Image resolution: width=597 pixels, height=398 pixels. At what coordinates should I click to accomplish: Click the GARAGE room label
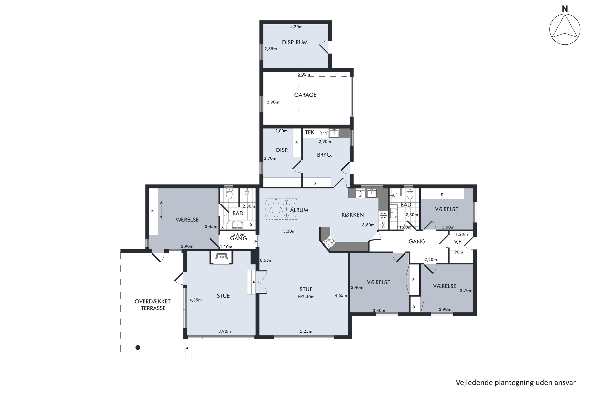[x=305, y=95]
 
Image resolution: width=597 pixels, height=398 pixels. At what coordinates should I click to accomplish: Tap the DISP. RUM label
[x=295, y=42]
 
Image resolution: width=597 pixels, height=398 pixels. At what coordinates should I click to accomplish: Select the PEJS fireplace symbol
[x=221, y=257]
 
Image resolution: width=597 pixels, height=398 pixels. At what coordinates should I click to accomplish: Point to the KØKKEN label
[x=353, y=215]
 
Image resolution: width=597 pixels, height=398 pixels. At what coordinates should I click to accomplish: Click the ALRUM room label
[x=299, y=210]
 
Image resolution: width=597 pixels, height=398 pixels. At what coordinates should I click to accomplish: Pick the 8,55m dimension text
[x=266, y=260]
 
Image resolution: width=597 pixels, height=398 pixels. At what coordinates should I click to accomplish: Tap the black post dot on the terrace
[x=138, y=347]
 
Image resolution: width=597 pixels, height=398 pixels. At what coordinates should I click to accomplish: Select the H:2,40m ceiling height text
[x=306, y=297]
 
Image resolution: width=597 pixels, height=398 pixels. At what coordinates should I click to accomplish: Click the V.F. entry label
[x=458, y=242]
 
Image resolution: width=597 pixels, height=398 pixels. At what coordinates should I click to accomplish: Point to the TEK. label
[x=310, y=133]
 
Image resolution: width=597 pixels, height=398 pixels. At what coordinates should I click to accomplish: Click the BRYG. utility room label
[x=325, y=155]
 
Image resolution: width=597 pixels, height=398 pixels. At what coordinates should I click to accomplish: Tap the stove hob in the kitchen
[x=329, y=242]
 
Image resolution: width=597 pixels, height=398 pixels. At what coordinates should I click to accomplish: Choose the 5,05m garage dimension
[x=304, y=74]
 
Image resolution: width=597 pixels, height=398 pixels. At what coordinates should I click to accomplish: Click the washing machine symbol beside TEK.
[x=324, y=133]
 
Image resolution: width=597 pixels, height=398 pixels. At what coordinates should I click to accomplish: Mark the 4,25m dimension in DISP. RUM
[x=296, y=27]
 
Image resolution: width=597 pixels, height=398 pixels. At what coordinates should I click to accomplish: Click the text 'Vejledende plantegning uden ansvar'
[x=516, y=382]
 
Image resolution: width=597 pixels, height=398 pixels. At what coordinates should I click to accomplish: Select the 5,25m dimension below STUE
[x=306, y=331]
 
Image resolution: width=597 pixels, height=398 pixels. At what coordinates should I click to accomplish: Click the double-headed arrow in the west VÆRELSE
[x=161, y=210]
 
